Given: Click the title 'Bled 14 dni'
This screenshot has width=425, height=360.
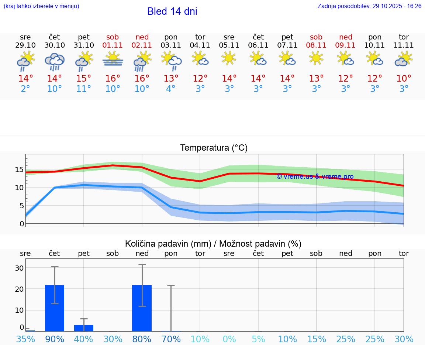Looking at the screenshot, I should tap(172, 11).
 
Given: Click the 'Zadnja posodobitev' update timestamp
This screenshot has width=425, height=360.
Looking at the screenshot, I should tap(369, 6).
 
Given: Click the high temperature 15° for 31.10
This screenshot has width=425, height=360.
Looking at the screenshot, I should tap(84, 79).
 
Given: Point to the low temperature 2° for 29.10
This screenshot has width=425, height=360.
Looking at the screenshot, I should tap(25, 89).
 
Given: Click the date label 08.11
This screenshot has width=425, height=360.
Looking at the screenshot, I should tap(316, 45).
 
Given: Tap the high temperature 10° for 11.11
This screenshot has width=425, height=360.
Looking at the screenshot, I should tap(404, 79).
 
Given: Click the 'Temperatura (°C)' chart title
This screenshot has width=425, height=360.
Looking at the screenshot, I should tap(214, 148).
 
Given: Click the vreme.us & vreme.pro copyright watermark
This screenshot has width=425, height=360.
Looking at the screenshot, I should tap(315, 177).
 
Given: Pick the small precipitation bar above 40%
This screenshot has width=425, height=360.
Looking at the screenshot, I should tap(84, 328).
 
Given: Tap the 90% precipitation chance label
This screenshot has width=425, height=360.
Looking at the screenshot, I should tap(55, 339).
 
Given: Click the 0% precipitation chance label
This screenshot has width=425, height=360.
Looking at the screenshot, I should tap(229, 339).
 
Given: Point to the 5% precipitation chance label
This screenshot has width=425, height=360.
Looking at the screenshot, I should tap(258, 339).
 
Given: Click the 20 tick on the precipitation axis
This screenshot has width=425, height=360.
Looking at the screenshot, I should tap(19, 289).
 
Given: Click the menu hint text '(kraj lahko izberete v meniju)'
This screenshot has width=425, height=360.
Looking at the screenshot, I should tap(41, 6).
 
